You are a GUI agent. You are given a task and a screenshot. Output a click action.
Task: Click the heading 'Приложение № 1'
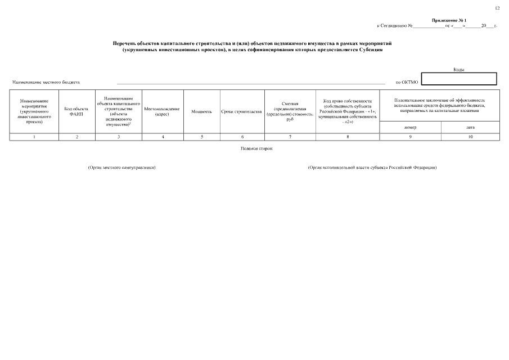(x=449, y=20)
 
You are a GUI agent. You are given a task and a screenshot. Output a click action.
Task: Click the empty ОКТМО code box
(x=459, y=79)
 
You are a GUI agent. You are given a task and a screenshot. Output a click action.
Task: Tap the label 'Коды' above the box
(x=459, y=70)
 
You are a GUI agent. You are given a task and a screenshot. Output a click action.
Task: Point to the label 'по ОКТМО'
(x=407, y=83)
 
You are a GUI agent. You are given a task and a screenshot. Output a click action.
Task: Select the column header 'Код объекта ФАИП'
(x=76, y=111)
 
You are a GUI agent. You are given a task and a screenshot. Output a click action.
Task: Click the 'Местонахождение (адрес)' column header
(x=162, y=111)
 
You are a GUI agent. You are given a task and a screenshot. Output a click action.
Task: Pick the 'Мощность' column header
(x=201, y=111)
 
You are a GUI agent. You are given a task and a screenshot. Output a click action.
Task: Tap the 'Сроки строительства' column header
(x=241, y=111)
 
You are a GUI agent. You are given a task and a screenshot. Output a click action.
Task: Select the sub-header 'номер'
(x=411, y=127)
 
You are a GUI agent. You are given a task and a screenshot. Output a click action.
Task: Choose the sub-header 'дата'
(x=470, y=127)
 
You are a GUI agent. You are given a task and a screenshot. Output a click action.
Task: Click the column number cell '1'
(x=34, y=137)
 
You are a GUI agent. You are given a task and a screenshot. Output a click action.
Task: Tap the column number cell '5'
(x=201, y=137)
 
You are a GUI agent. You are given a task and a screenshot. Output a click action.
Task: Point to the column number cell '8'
(x=347, y=137)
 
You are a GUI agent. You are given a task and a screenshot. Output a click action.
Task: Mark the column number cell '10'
(x=470, y=137)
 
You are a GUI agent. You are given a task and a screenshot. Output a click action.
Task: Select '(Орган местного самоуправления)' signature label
(x=121, y=168)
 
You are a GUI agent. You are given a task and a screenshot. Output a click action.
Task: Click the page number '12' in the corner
(x=497, y=8)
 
